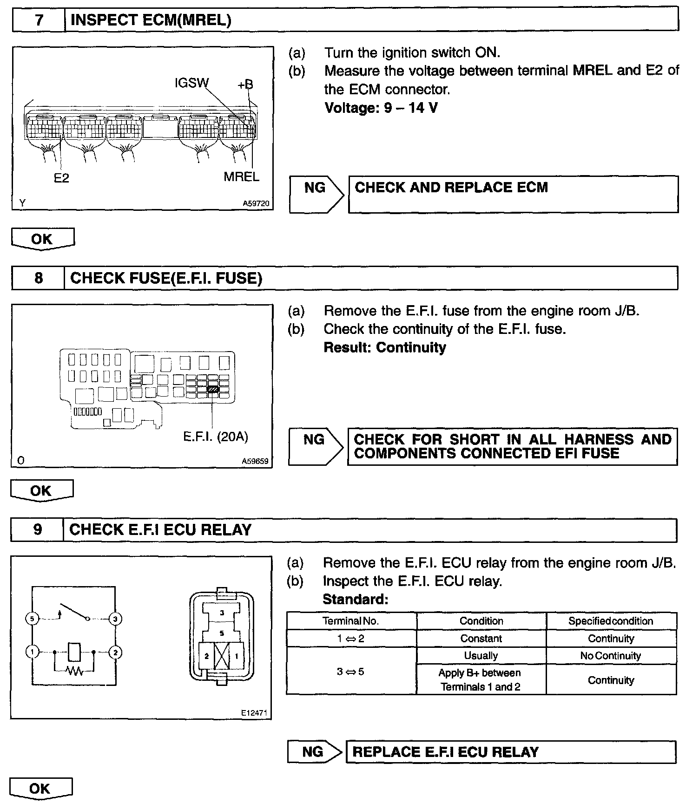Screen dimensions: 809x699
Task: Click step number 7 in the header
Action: coord(39,20)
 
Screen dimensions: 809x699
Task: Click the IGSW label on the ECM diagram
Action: coord(191,83)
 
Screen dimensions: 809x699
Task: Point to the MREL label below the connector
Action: coord(241,176)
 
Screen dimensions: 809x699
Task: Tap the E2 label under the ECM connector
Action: coord(61,178)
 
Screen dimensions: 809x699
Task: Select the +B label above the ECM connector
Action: coord(245,85)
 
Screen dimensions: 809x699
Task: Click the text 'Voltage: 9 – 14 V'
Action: coord(381,108)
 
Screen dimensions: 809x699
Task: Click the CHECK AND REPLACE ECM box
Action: coord(513,194)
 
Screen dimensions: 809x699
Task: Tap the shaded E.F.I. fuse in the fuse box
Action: coord(213,389)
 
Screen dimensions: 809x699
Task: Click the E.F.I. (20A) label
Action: coord(216,437)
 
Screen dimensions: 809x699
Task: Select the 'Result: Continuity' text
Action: coord(384,347)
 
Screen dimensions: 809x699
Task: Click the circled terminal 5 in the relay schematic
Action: coord(32,619)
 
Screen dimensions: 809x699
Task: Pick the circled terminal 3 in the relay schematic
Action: coord(115,619)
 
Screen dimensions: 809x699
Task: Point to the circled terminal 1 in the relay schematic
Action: coord(32,652)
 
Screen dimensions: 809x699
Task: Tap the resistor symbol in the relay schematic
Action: coord(74,671)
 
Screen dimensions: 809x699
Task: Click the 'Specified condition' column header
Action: coord(611,621)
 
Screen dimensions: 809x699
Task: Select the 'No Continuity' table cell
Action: coord(611,656)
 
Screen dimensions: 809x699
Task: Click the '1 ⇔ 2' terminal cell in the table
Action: coord(351,639)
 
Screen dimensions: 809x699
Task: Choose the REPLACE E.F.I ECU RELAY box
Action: coord(511,752)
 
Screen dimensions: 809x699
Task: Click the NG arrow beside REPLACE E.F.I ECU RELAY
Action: coord(315,752)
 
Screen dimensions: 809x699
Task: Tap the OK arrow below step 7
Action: coord(42,239)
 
